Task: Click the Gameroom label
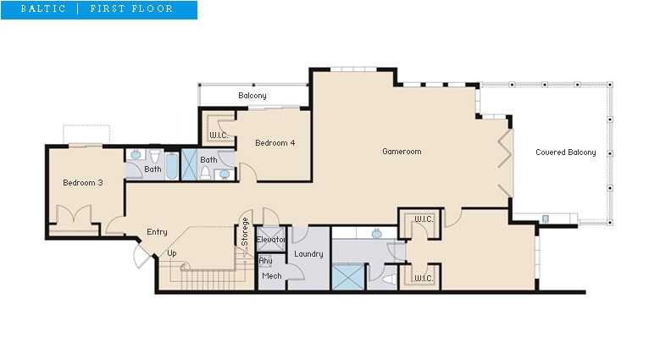(402, 152)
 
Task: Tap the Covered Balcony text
(566, 152)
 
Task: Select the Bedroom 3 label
(83, 182)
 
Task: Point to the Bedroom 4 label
(275, 143)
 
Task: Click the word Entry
(157, 232)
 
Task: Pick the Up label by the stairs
(172, 253)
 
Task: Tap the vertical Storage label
(245, 232)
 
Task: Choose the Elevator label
(271, 240)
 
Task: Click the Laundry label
(308, 253)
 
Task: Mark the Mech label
(271, 276)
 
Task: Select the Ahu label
(265, 261)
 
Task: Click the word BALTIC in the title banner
(43, 8)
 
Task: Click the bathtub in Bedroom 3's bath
(172, 166)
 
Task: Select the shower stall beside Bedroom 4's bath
(189, 164)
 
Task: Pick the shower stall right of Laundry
(348, 277)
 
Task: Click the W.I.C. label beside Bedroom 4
(218, 136)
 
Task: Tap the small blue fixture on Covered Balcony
(546, 219)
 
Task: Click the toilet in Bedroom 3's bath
(155, 156)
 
